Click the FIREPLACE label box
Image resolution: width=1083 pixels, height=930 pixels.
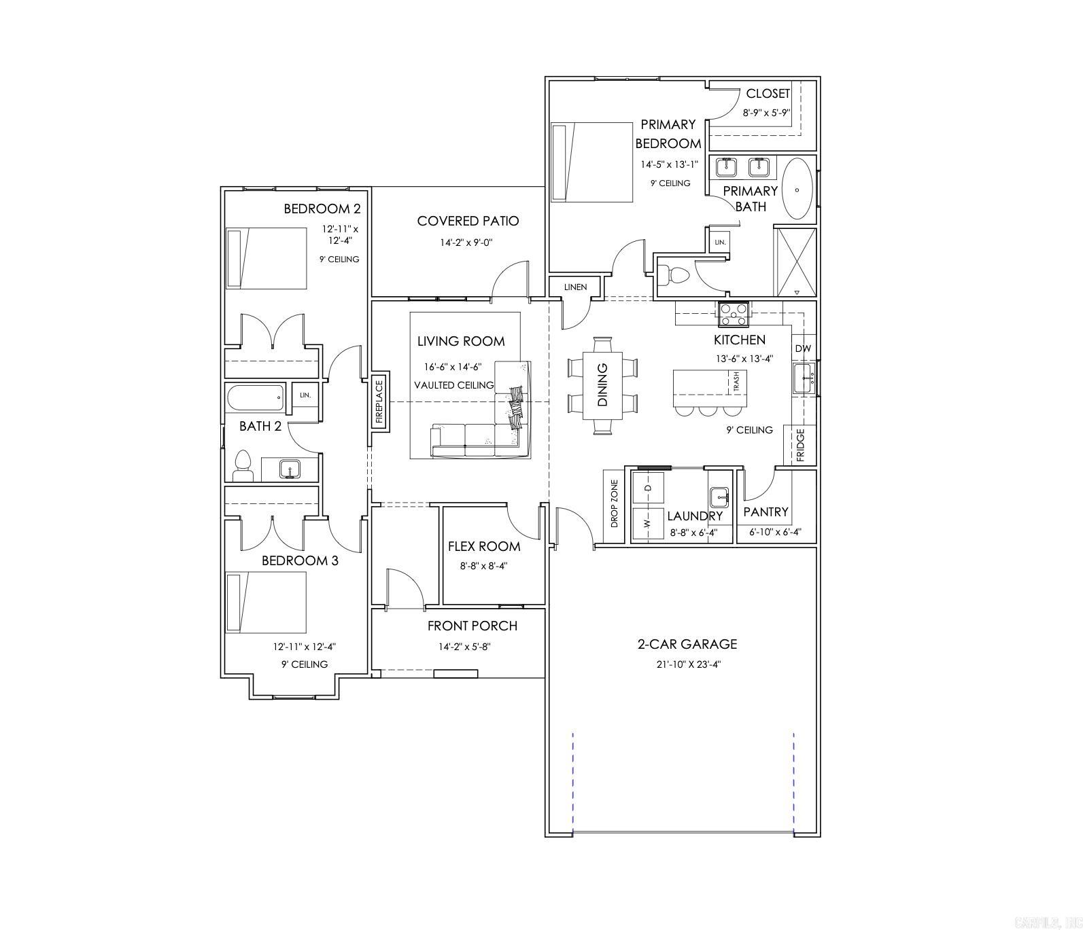coord(380,401)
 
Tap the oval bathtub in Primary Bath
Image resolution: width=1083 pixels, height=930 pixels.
coord(797,189)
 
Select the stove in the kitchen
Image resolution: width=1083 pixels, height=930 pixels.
coord(733,314)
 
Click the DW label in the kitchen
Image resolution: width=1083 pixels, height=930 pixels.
coord(803,348)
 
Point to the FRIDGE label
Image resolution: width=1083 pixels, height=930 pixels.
coord(800,445)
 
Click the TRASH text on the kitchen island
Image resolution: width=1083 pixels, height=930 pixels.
coord(736,382)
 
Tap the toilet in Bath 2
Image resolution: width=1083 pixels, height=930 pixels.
coord(242,467)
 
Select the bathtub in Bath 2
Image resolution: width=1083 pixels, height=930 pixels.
coord(256,398)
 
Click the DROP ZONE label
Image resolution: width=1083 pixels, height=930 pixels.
coord(615,504)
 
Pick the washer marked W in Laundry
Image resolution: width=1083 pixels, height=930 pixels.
coord(647,524)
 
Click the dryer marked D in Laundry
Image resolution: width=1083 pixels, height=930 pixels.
coord(648,487)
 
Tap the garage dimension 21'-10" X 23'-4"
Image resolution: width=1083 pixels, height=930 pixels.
coord(688,664)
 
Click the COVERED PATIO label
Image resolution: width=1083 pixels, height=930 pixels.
coord(468,221)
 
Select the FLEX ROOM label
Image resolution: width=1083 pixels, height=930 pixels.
coord(483,546)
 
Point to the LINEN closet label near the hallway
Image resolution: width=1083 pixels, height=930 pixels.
coord(575,287)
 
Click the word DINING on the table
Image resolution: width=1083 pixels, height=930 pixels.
coord(602,384)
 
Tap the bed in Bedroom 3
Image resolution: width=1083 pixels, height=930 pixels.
coord(266,602)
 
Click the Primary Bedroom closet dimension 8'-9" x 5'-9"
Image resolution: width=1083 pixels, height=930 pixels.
coord(766,113)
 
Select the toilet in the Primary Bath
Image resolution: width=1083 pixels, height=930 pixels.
coord(674,275)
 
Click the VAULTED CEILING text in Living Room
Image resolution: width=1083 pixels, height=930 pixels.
coord(453,385)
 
